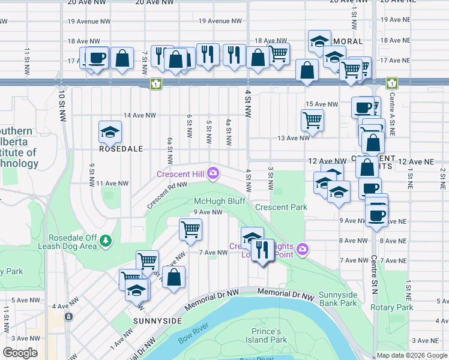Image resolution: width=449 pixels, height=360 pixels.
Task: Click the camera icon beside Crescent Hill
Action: [213, 174]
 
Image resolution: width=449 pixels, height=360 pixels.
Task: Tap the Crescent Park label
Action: [281, 207]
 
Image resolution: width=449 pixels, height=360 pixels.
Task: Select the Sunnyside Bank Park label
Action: [338, 298]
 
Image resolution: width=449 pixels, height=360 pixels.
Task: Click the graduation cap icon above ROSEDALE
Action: [110, 132]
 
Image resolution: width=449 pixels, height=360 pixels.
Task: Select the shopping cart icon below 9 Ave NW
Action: [190, 229]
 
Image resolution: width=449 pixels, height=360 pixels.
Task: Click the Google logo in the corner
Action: [20, 352]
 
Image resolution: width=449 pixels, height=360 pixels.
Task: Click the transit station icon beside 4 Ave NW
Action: [70, 316]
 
